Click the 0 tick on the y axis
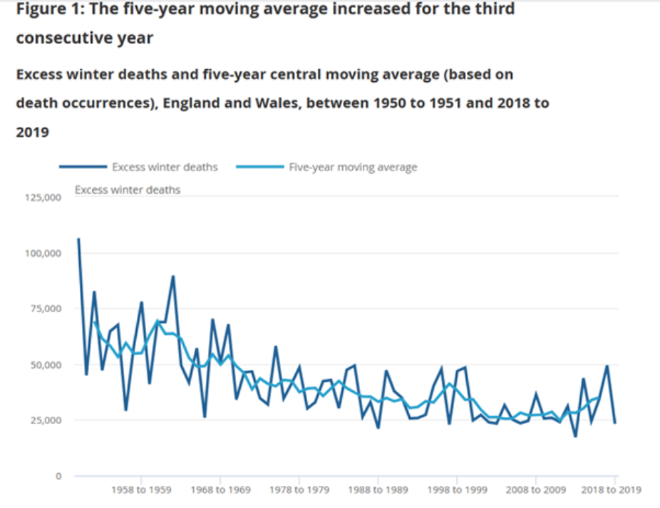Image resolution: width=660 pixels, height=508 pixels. point(60,475)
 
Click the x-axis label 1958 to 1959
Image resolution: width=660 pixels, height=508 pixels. point(141,490)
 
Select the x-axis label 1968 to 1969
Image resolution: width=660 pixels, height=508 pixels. point(220,490)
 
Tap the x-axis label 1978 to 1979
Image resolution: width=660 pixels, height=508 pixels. point(298,490)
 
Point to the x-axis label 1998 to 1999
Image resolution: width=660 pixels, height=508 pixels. point(456,490)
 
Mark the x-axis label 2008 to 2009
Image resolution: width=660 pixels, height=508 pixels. point(535,490)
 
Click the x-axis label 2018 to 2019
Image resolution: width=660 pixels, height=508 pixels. point(612,490)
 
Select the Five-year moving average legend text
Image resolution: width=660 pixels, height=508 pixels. point(353,167)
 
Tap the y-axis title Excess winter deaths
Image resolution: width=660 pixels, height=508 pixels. point(128,190)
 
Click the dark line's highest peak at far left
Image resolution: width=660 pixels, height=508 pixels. point(78,239)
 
